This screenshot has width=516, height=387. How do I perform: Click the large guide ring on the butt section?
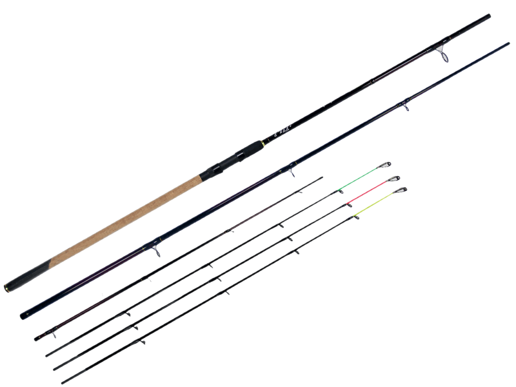(x=444, y=54)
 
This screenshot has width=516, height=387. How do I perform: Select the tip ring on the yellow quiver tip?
(x=402, y=190)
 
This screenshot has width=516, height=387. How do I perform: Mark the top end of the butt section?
(x=489, y=15)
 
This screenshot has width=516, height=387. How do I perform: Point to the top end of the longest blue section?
(x=508, y=45)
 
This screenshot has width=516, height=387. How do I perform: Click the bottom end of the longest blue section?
(x=23, y=315)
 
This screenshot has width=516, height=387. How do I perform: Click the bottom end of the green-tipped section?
(x=48, y=354)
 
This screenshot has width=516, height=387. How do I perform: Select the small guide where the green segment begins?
(x=340, y=191)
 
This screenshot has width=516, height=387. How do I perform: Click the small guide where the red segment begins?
(x=349, y=205)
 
